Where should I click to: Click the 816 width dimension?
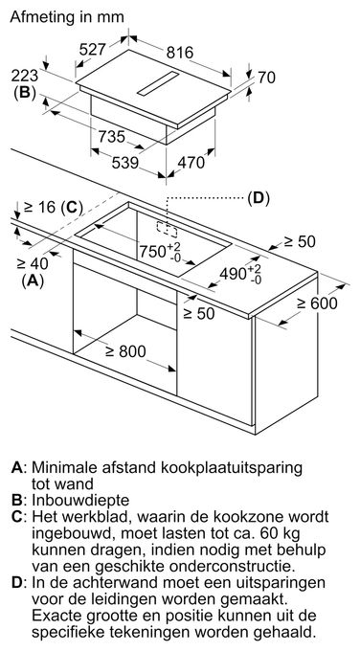tap(180, 53)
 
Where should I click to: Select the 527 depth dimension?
tap(93, 50)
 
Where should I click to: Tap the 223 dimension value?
tap(24, 76)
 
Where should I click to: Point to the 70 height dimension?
tap(266, 78)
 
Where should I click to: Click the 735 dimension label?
tap(112, 136)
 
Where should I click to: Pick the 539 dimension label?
tap(125, 163)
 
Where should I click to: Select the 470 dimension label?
tap(191, 163)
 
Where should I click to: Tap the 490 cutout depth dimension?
tap(240, 274)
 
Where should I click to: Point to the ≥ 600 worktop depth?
tap(317, 303)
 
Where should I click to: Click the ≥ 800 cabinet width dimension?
tap(125, 351)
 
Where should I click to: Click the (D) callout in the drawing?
tap(259, 198)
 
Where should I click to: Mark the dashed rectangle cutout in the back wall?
tap(167, 229)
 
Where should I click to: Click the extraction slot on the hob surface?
tap(158, 82)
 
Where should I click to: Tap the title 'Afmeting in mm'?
tap(67, 16)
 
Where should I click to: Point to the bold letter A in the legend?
tap(16, 467)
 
